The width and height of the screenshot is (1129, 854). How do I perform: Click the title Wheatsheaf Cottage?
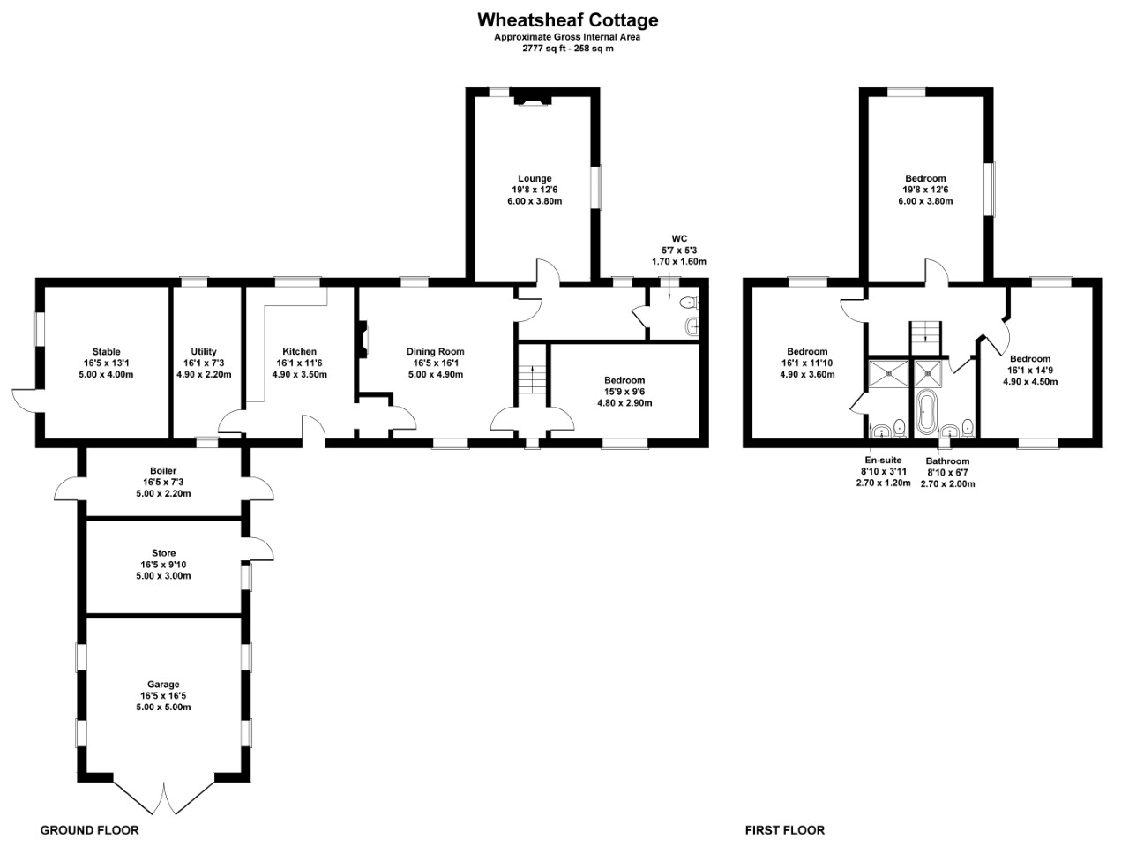point(567,20)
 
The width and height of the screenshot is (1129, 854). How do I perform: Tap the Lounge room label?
point(535,178)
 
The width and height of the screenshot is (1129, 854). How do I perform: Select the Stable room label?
point(107,352)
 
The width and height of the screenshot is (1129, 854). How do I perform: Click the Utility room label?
point(204,352)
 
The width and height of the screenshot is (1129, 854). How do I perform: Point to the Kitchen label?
point(299,352)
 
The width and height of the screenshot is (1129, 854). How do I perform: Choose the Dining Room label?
point(435,352)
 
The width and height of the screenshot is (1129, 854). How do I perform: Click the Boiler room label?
point(163,471)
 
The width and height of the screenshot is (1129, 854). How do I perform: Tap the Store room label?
point(163,553)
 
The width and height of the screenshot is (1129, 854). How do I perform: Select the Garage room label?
point(163,685)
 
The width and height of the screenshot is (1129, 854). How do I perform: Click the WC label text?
point(679,239)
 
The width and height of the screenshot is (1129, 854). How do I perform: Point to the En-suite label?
point(883,461)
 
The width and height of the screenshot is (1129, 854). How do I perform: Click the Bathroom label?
point(947,461)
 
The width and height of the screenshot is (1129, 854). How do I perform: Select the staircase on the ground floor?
point(532,377)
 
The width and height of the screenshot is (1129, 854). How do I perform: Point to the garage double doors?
point(164,798)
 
